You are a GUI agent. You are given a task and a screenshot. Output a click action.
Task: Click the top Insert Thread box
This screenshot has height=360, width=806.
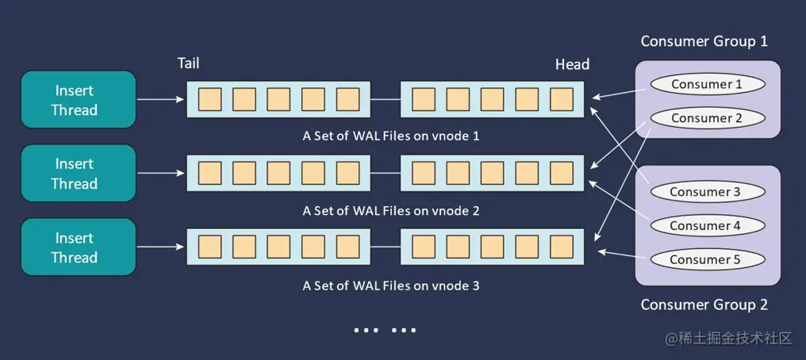pos(75,100)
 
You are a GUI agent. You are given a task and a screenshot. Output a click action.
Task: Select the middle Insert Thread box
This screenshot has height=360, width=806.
pos(75,174)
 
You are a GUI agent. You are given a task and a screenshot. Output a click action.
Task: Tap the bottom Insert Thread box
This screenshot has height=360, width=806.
pos(75,247)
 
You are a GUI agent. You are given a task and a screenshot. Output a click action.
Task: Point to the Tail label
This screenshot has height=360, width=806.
pos(188,63)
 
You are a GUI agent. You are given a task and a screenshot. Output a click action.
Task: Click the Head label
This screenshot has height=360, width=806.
pos(572,64)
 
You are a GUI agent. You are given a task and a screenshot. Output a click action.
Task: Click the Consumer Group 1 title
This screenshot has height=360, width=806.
pos(704,41)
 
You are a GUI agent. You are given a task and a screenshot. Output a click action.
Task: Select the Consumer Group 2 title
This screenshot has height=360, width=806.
pos(704,304)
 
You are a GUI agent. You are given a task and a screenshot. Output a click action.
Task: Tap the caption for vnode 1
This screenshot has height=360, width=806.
pos(391,136)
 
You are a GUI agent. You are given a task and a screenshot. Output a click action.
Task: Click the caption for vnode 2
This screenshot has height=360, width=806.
pos(391,211)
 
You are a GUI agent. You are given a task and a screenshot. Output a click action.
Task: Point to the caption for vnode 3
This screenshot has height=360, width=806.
pos(391,285)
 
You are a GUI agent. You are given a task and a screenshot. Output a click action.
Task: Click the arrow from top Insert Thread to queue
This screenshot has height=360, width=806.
pos(161,100)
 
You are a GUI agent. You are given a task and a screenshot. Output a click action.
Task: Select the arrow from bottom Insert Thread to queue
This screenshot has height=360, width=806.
pos(161,247)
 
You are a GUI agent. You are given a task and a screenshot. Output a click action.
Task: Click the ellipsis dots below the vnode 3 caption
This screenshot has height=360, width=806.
pos(385,330)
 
